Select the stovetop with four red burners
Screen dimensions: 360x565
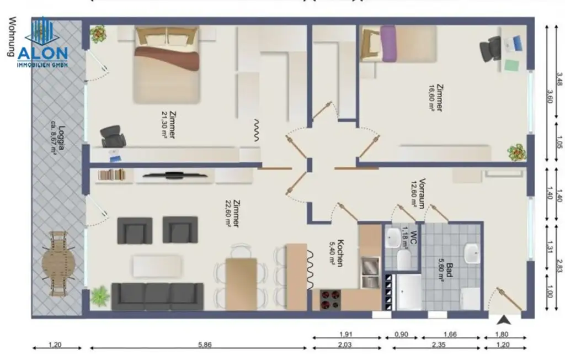[x=331, y=300]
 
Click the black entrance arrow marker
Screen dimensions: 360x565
[x=504, y=319]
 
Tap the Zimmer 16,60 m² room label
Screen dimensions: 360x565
[x=436, y=98]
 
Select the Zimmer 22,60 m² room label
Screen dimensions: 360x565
[x=232, y=213]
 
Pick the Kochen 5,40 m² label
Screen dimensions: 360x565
[x=338, y=253]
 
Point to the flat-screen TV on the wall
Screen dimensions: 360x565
[x=173, y=176]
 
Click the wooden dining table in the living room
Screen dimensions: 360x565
[x=241, y=283]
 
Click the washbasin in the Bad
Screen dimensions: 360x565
[x=472, y=253]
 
